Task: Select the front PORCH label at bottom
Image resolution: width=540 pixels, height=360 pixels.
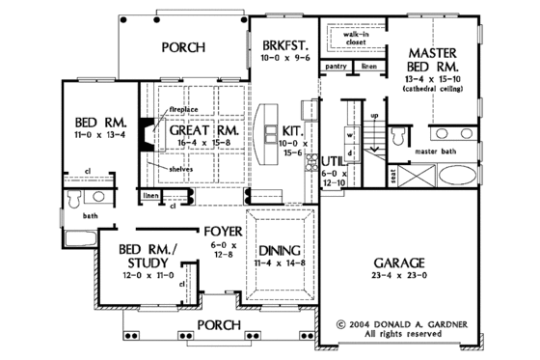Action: coord(221,324)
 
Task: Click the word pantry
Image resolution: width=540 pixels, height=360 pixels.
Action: coord(337,66)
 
